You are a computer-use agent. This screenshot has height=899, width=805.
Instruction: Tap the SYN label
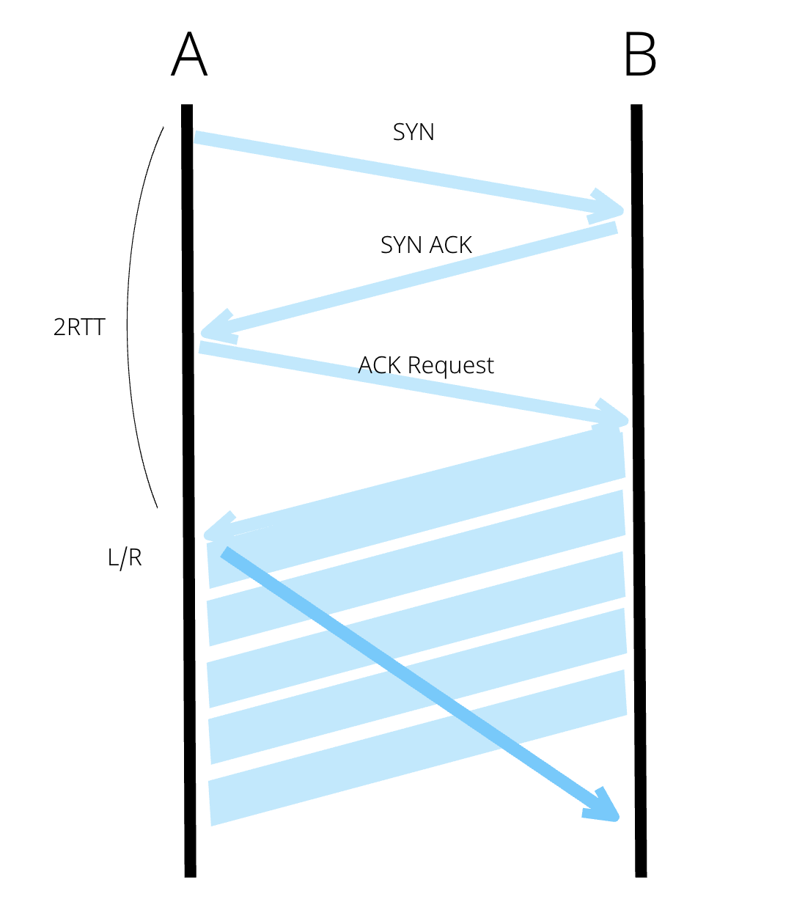413,132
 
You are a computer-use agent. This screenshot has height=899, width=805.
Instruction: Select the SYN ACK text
426,245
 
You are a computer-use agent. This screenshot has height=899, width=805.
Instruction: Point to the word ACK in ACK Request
380,365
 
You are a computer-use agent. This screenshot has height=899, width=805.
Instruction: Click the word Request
451,366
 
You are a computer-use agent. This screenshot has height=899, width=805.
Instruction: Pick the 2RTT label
79,327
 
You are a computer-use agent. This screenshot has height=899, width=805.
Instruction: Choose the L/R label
125,558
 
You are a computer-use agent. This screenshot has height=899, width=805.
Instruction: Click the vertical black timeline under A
188,660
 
